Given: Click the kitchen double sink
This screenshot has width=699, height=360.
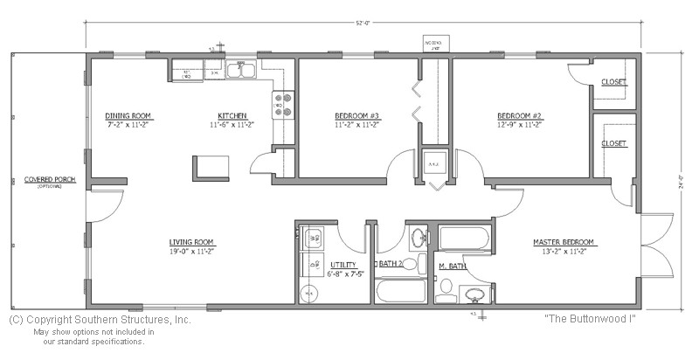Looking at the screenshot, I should pos(240,72).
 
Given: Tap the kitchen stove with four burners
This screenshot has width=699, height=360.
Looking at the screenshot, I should pos(284,104).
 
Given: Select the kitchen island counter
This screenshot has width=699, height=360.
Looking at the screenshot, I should pos(211,166).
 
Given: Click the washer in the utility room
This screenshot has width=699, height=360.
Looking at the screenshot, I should pos(312,237).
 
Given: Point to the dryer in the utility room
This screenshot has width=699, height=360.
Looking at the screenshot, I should pos(312,263).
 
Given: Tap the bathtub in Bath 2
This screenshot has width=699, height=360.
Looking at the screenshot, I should pos(400,291).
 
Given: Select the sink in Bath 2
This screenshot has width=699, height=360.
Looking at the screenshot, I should pos(417,237).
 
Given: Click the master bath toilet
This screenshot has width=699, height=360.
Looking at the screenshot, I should pos(445,287).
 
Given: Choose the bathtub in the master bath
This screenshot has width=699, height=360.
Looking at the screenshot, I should pos(464,237).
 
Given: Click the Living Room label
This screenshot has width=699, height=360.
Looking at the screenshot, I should pos(191,242).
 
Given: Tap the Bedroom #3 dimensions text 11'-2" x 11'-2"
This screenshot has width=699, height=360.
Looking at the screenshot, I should pos(356,124).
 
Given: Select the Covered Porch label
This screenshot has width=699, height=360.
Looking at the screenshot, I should pos(44,178).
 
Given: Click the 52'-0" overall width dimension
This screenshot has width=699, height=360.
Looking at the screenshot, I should pos(359,24).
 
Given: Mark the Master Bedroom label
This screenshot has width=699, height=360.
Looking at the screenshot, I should pos(564,242).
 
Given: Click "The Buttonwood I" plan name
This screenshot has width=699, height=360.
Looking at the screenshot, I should pos(589,319).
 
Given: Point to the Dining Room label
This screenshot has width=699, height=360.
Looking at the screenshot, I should pos(129,115).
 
